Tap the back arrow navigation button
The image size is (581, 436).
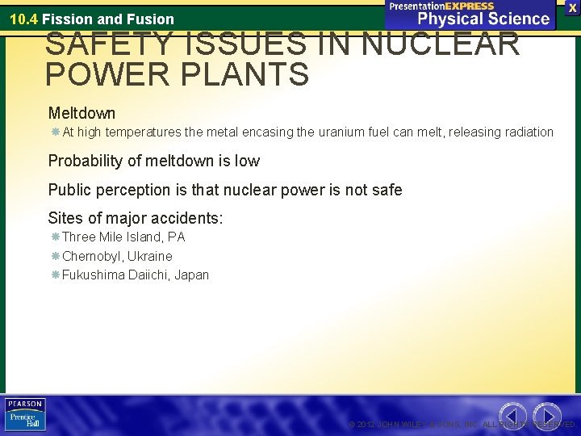coord(514,414)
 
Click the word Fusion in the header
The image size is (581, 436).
coord(153,19)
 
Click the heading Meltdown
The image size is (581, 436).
coord(82,113)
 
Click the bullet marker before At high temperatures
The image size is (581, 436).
coord(54,132)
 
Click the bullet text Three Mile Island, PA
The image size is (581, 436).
coord(123,237)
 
